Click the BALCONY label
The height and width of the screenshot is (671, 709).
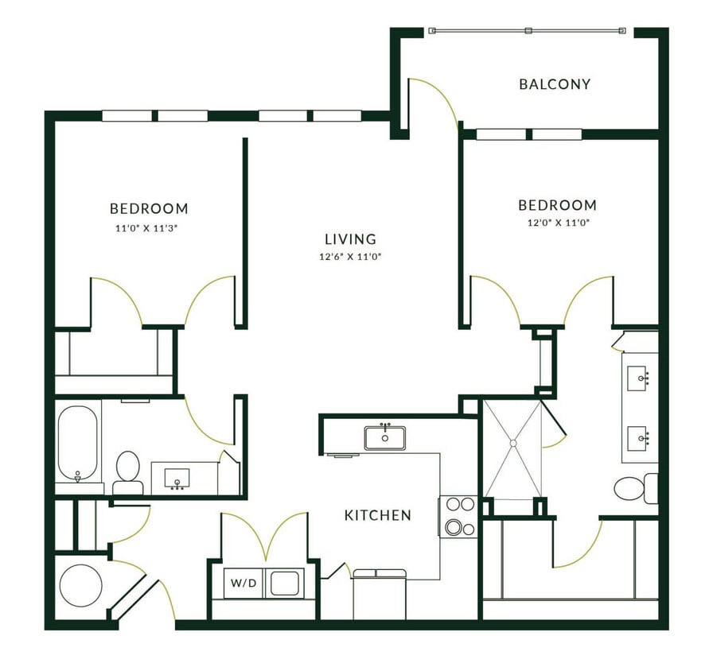coord(555,83)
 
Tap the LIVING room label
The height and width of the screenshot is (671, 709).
coord(350,239)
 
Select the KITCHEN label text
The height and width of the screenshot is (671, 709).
coord(377,515)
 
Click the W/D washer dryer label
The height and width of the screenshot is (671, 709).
coord(243,584)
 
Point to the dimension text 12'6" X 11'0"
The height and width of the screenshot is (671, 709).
coord(350,257)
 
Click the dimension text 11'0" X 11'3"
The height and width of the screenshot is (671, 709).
coord(149,227)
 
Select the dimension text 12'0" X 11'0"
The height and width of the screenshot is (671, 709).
coord(557,223)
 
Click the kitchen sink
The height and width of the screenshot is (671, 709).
coord(385,437)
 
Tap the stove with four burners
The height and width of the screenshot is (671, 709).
coord(458,516)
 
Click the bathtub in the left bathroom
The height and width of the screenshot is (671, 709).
coord(78,444)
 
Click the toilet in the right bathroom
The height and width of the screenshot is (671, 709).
coord(634,487)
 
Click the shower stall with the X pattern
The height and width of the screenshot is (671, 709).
coord(512,449)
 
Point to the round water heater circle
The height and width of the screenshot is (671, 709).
coord(80,586)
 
